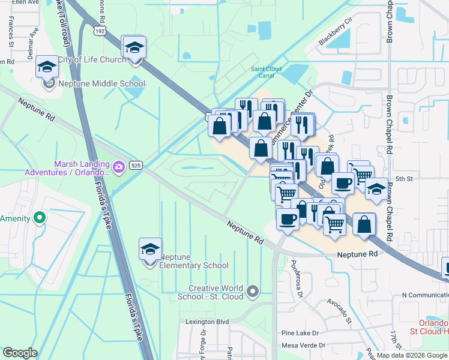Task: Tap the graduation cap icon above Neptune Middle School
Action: pos(46,67)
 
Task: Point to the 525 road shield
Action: pos(134,166)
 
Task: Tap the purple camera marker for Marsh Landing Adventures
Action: pos(119,166)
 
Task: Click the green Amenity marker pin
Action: pos(40,218)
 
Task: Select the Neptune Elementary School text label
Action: pos(194,265)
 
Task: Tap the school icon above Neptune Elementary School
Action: pos(150,250)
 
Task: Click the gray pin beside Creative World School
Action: pos(253,292)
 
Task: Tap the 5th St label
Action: pos(405,179)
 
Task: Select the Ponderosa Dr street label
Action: pos(294,273)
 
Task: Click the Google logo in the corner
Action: pos(20,353)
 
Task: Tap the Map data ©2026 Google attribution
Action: pos(412,355)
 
